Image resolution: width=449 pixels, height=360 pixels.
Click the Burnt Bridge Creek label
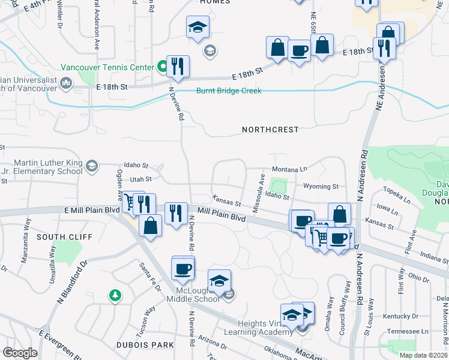click(229, 91)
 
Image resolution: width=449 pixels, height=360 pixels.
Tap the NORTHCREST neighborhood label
click(270, 130)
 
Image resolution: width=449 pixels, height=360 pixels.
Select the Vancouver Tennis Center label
click(107, 68)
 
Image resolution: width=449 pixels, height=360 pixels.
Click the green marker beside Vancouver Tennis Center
click(162, 67)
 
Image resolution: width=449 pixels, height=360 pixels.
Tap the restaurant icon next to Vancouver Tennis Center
click(177, 66)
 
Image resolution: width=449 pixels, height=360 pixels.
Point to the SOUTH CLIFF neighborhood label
click(58, 237)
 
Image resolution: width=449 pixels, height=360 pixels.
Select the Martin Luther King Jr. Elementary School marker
click(91, 166)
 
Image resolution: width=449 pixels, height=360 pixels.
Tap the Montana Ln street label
click(289, 170)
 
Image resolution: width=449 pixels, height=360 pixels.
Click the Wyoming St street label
click(321, 187)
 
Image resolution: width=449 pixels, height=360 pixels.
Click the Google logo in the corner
click(20, 353)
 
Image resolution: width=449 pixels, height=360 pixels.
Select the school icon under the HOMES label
click(197, 28)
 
